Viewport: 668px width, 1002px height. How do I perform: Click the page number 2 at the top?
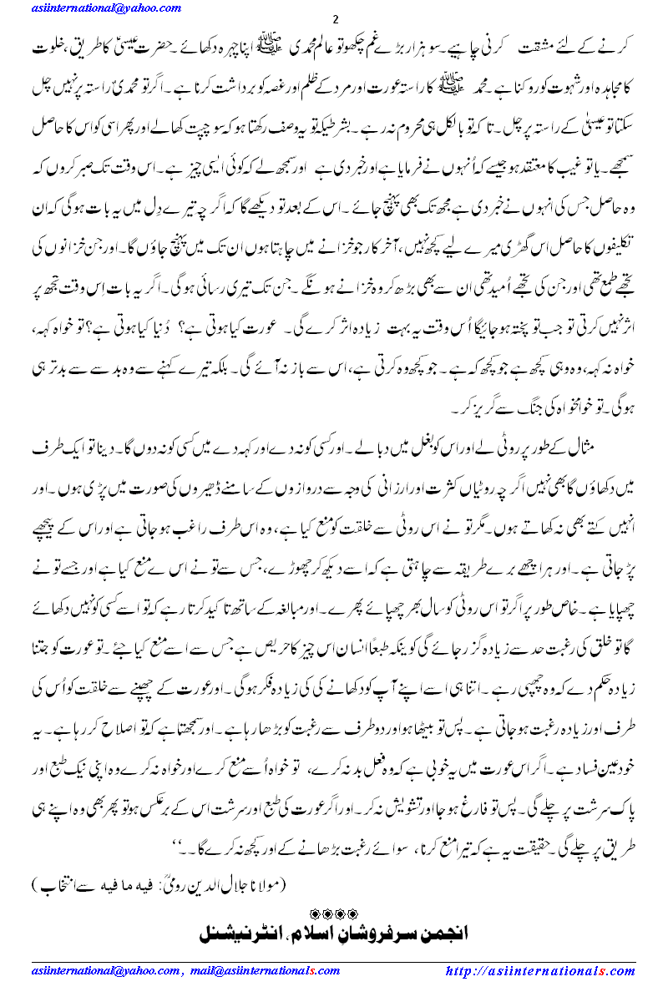click(335, 18)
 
